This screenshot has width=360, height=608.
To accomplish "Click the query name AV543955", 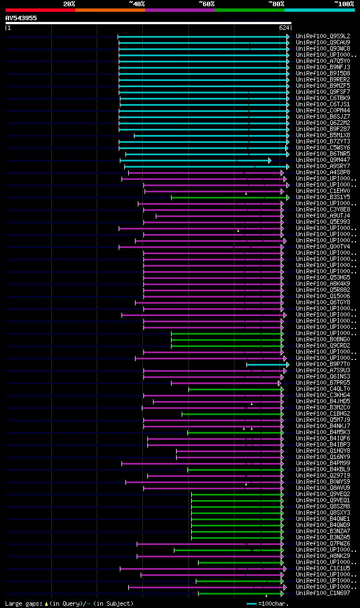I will point(21,18).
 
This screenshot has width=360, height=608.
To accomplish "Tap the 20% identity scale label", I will point(69,3).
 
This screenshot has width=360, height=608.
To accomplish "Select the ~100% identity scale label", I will point(344,3).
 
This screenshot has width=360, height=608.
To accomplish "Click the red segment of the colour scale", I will point(40,10).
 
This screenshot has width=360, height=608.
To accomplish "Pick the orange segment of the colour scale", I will point(110,10).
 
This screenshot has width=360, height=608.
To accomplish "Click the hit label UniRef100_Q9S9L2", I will point(323,36).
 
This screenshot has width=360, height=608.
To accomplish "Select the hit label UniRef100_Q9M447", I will point(323,160).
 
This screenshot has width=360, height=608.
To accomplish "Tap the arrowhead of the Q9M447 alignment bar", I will point(270,160).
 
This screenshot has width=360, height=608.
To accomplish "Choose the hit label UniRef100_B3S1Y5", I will point(323,197).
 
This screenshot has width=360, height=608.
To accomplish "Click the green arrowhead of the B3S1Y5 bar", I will point(287,197).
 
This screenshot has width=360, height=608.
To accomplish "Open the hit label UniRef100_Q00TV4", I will point(323,247).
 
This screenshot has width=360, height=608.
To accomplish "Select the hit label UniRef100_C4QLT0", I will point(323,389).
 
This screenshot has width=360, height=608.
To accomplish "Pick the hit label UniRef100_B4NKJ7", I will point(323,426).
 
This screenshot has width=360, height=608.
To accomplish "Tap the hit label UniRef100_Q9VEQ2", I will point(323,494).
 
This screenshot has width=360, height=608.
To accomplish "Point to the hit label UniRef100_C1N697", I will point(323,593).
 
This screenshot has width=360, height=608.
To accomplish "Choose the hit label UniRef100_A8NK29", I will point(323,556).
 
